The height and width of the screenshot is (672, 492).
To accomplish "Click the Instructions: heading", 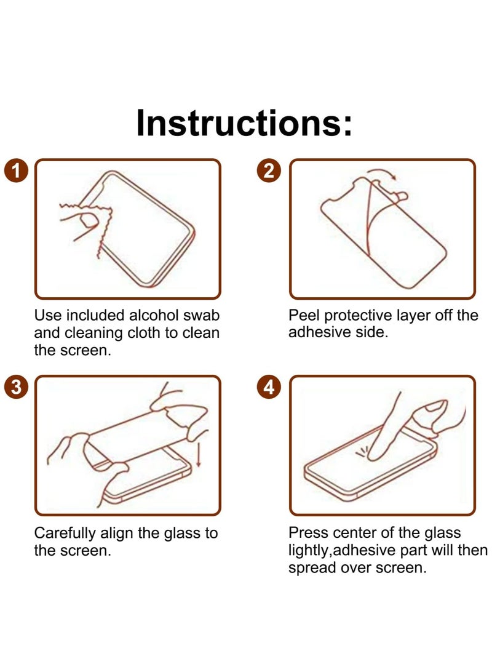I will point(245,122).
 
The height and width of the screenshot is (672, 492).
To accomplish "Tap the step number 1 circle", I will point(16,170).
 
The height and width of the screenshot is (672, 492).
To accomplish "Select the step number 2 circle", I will point(269,170).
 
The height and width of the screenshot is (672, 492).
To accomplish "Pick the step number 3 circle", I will point(16,387).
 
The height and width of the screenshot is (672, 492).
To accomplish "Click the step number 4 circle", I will point(269,387).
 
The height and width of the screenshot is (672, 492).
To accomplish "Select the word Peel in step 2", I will point(304,316).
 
